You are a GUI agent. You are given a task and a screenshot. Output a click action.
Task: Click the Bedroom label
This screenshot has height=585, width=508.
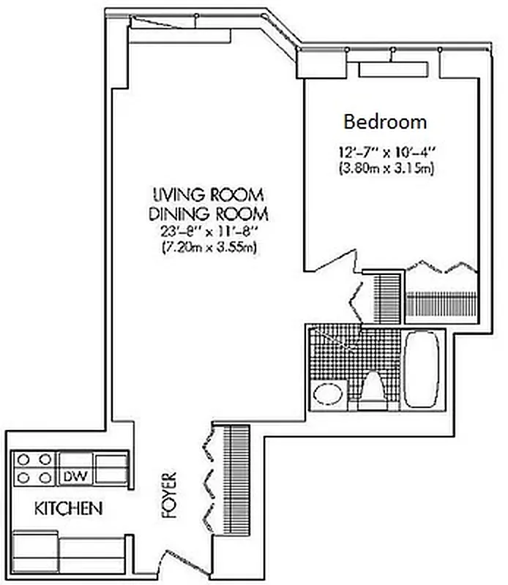click(x=385, y=121)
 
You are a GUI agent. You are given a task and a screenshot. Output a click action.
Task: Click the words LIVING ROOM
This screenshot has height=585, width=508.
click(x=209, y=195)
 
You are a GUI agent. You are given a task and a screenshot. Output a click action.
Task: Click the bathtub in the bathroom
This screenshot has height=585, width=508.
click(x=422, y=369)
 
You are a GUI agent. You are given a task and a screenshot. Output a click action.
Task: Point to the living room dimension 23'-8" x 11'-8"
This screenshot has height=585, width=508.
click(x=209, y=232)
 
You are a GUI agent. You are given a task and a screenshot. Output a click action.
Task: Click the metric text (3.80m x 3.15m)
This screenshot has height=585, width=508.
click(x=383, y=169)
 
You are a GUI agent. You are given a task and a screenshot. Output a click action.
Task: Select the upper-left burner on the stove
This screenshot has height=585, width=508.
click(x=23, y=460)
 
